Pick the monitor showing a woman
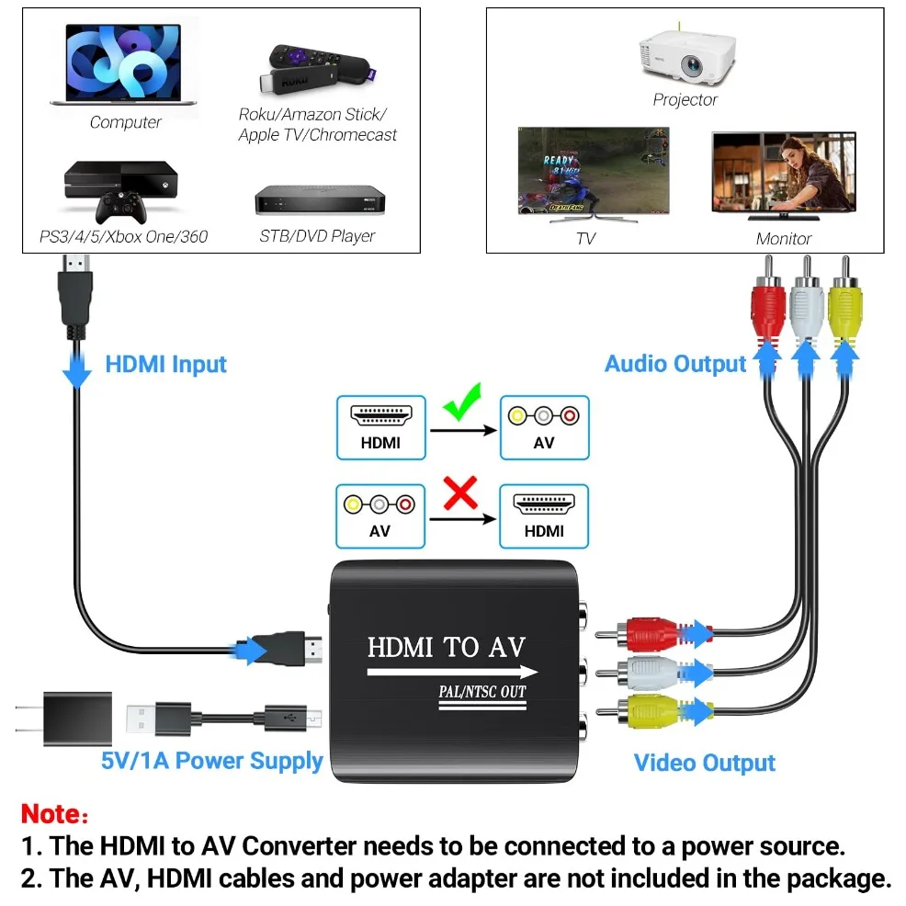pos(783,175)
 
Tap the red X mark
pos(461,494)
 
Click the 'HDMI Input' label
pos(165,365)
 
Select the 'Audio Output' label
pos(675,364)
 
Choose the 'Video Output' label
pos(704,763)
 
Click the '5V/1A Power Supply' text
pos(212,760)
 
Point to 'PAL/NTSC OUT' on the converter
pos(481,691)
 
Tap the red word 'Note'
pos(51,813)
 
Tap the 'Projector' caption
pos(685,99)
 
